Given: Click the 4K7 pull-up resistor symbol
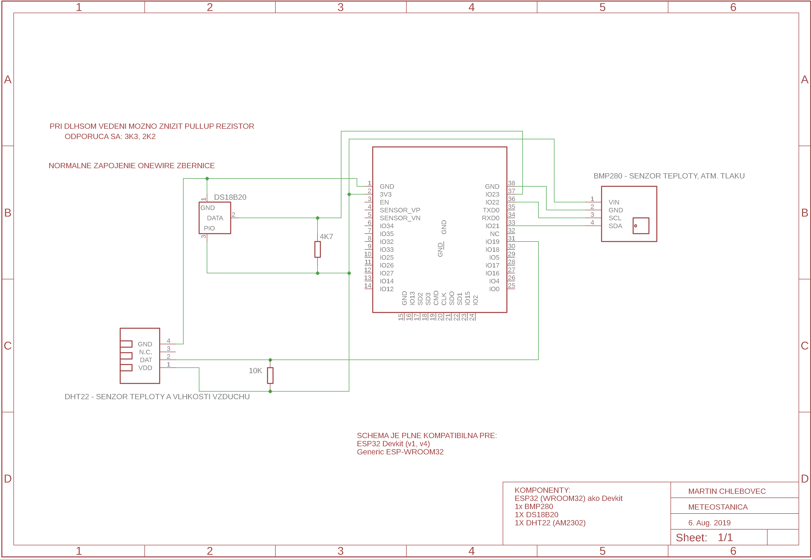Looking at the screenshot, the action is click(x=317, y=249).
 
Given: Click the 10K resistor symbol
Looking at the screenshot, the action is click(x=270, y=376).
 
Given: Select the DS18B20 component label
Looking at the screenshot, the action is click(x=230, y=197).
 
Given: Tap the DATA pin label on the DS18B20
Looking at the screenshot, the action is click(x=215, y=218).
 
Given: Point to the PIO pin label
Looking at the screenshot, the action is click(x=209, y=228).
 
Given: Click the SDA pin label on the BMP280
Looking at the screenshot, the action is click(x=616, y=226).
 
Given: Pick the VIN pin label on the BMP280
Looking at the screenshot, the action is click(x=614, y=202).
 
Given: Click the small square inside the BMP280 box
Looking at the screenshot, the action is click(x=641, y=226).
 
